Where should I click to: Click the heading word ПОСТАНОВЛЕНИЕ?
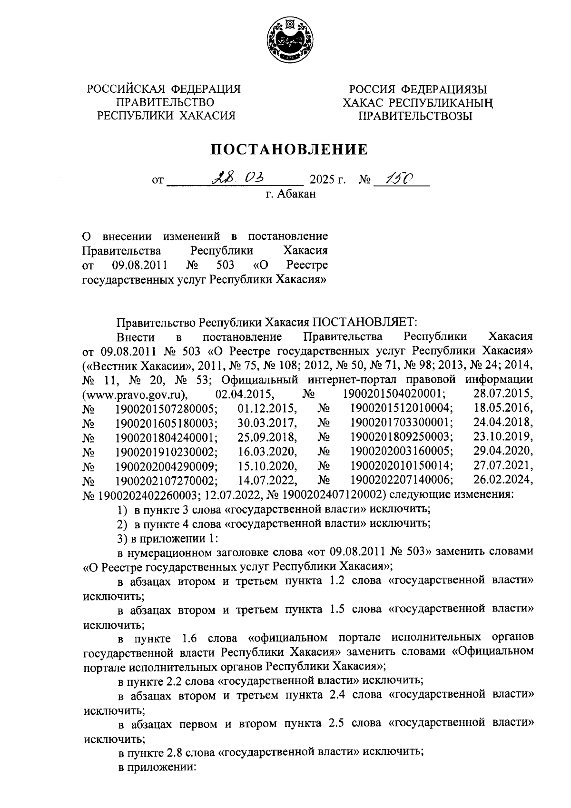coord(289,149)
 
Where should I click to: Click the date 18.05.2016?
coord(503,408)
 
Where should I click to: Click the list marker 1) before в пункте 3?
coord(122,509)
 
